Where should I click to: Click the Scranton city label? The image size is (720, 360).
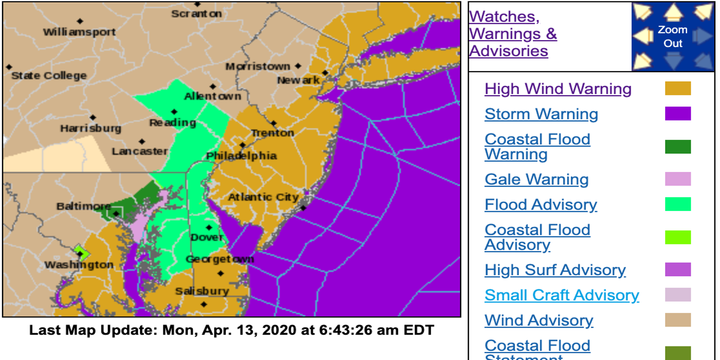click(196, 14)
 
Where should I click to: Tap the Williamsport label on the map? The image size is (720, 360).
click(79, 32)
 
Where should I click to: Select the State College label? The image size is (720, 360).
click(49, 76)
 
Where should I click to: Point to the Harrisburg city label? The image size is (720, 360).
click(90, 128)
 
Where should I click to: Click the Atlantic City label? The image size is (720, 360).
click(263, 197)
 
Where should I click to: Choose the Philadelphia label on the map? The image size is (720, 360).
click(241, 156)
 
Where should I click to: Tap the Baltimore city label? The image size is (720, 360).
click(83, 206)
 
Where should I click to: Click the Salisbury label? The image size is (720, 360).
click(202, 291)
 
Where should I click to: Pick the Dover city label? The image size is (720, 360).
click(207, 237)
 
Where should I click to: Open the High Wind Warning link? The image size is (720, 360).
click(558, 89)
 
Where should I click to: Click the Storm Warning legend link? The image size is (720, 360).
click(541, 114)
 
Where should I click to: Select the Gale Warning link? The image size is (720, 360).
click(536, 179)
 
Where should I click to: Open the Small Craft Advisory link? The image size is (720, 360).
click(562, 295)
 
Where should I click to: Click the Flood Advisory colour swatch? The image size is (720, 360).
click(678, 204)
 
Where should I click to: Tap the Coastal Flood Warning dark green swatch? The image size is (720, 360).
click(678, 147)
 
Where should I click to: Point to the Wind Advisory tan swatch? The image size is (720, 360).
click(678, 320)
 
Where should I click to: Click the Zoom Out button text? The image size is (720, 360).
click(673, 36)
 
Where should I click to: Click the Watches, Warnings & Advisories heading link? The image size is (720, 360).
click(513, 34)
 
